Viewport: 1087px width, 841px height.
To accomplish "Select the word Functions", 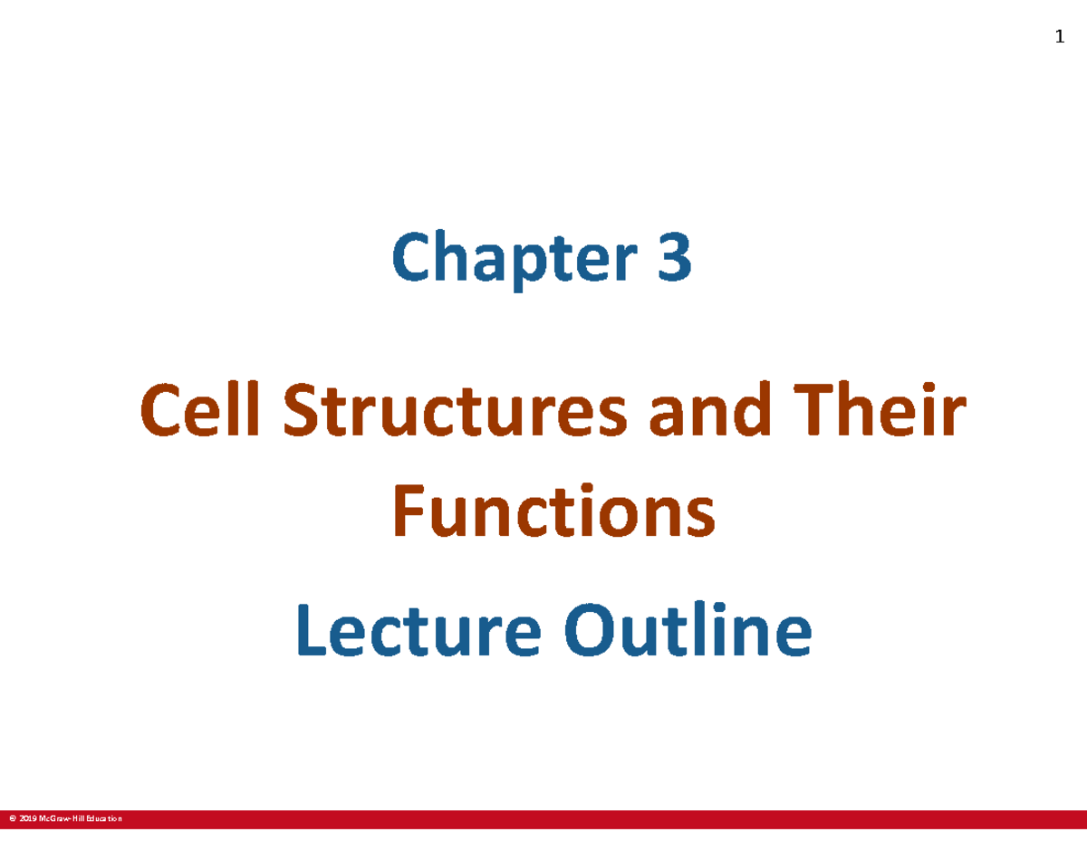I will click(553, 511).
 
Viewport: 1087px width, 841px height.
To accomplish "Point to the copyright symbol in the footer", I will click(12, 819).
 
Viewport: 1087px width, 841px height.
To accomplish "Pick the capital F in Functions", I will click(407, 511).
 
